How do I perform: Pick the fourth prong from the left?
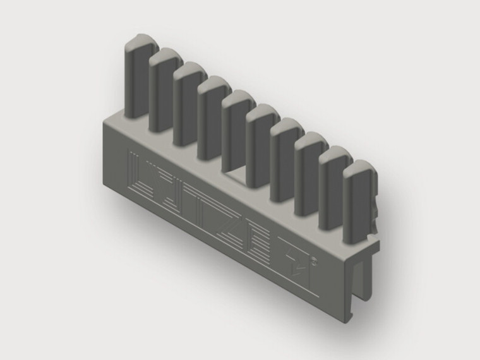212,117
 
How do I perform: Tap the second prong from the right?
333,187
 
